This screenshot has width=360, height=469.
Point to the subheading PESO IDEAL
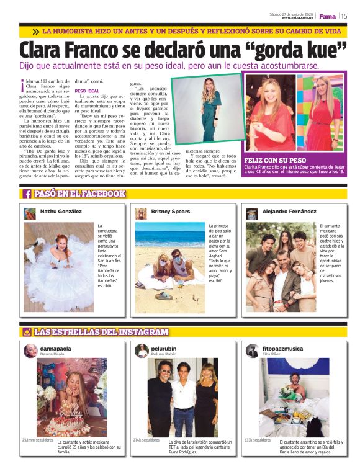(88, 91)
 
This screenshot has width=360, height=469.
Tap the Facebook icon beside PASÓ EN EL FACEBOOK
(28, 194)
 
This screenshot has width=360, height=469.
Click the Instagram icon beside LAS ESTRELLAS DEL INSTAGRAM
(27, 332)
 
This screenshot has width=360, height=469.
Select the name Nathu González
(61, 212)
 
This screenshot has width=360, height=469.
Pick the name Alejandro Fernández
(289, 212)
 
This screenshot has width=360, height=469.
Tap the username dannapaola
(56, 349)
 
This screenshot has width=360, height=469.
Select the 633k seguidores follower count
(257, 440)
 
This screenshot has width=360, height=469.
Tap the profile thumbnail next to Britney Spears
(141, 213)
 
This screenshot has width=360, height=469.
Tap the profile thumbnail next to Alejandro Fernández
(251, 213)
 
